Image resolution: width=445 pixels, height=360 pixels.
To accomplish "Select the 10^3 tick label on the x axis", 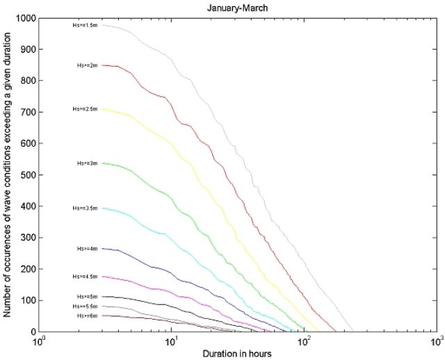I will coord(437,342).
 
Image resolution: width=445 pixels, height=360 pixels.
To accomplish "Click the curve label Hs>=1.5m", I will coord(86,25).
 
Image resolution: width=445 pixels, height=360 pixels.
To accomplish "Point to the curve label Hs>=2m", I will coord(88,65).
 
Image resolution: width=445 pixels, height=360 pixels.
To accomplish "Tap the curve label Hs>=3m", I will coord(88,163).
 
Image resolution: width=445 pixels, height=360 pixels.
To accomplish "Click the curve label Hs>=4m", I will coord(88,249).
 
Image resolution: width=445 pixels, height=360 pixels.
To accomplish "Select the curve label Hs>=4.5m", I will coord(86,277).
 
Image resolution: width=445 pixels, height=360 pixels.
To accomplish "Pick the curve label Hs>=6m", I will coord(88,316).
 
